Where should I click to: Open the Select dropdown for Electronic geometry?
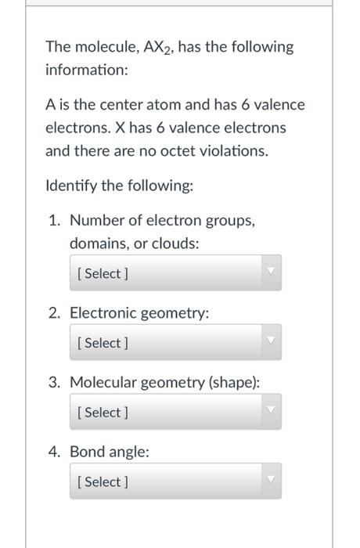(175, 343)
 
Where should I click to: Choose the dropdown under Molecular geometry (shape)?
(175, 412)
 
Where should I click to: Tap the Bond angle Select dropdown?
(175, 481)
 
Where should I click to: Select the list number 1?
(54, 221)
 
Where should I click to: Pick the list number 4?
(54, 452)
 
